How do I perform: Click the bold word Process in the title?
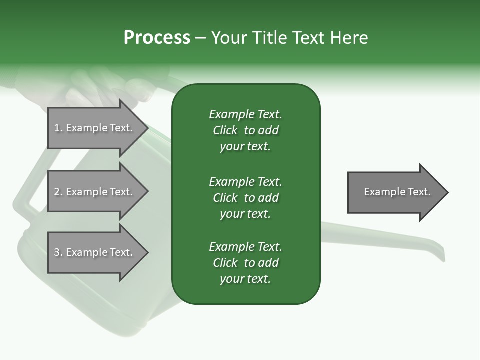pos(157,37)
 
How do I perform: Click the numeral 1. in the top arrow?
pos(58,128)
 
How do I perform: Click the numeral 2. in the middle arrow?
pos(58,192)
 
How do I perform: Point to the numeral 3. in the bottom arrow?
pos(58,252)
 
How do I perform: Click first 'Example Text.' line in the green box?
pos(245,114)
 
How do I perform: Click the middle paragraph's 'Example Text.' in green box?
pos(245,181)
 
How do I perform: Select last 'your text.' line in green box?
pos(245,279)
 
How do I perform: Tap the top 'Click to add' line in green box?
pos(245,130)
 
